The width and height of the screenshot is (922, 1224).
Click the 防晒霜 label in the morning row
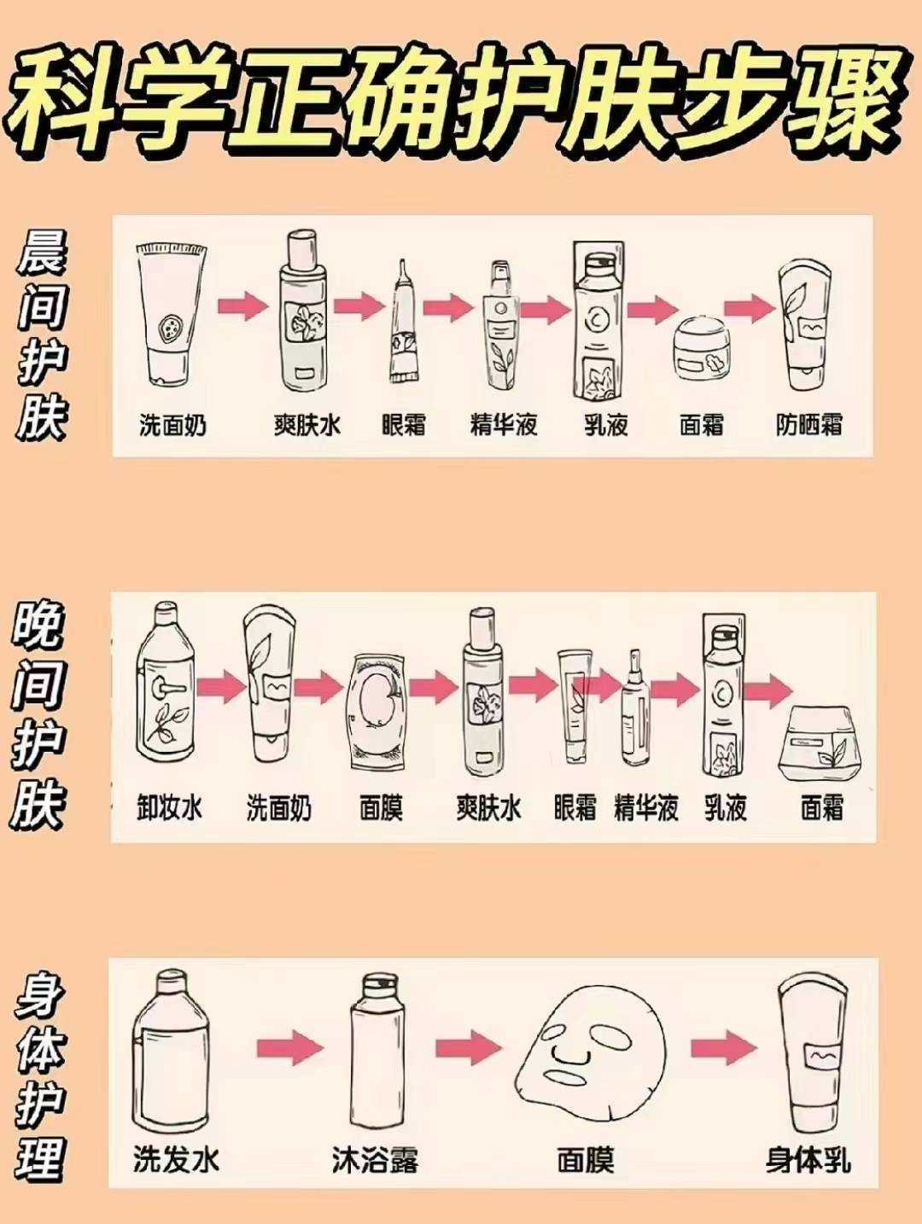tap(808, 424)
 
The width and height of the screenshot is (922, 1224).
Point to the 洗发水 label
tap(177, 1160)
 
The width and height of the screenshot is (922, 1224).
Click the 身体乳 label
tap(808, 1160)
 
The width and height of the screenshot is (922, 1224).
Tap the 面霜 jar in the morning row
tap(702, 348)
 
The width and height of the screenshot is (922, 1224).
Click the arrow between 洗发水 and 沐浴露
tap(290, 1046)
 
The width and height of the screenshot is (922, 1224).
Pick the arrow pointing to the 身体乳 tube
tap(723, 1046)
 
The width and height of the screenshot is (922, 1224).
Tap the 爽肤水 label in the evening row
tap(488, 807)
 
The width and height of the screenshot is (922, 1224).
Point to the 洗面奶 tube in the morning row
tap(172, 314)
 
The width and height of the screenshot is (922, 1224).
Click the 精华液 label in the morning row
tap(504, 424)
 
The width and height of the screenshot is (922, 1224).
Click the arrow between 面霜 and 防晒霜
tap(750, 308)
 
